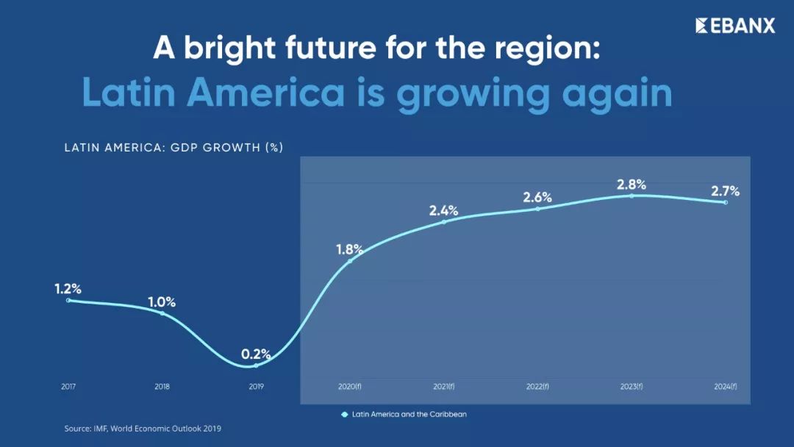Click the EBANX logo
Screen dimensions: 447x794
pos(735,26)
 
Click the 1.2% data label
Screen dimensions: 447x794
pos(68,289)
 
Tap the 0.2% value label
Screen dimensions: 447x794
pos(256,354)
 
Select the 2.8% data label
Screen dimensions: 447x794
pos(631,184)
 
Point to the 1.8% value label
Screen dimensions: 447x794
pos(349,249)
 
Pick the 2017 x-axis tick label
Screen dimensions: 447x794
pos(68,387)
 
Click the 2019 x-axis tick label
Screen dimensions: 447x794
pos(256,387)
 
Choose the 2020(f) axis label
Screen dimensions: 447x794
pos(349,387)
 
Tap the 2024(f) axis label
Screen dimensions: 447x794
pos(725,387)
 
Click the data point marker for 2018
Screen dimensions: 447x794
pos(162,314)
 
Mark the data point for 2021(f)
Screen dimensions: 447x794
pos(444,221)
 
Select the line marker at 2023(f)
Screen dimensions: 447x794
pos(632,196)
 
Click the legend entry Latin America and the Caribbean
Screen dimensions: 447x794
pos(404,415)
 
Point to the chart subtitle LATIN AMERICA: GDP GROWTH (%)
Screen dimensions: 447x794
pos(174,148)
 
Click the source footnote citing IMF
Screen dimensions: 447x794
pos(143,428)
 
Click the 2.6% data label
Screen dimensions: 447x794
pos(537,198)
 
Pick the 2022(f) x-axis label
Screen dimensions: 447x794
pos(537,387)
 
